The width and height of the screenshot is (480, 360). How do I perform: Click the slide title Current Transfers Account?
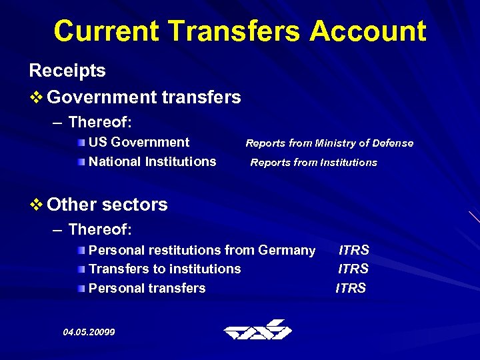coord(240,31)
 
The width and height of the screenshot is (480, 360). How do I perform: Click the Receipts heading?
coord(67,71)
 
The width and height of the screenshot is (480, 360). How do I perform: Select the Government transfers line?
coord(144,97)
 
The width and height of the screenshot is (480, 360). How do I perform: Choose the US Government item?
coord(139,142)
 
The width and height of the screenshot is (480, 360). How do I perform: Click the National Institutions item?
coord(152,161)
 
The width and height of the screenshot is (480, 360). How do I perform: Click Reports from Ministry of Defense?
coord(329,143)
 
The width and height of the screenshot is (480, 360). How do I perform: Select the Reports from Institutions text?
coord(313,162)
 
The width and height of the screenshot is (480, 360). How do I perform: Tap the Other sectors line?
coord(107,204)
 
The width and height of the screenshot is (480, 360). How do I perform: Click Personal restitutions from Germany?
coord(201,250)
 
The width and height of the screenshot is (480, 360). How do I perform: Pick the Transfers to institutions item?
coord(165,269)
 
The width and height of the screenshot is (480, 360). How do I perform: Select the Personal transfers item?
coord(147,288)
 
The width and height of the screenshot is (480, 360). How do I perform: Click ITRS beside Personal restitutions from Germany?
coord(353,250)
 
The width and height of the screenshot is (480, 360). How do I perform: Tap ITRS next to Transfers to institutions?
coord(353,269)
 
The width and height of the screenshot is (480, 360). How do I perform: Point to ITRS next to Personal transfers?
coord(351,288)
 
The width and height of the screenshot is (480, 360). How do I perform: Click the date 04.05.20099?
coord(89,331)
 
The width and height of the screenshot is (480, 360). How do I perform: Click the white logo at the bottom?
coord(257,330)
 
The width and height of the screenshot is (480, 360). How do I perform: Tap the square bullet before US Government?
coord(81,143)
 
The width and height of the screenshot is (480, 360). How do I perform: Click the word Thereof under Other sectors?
coord(100,229)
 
